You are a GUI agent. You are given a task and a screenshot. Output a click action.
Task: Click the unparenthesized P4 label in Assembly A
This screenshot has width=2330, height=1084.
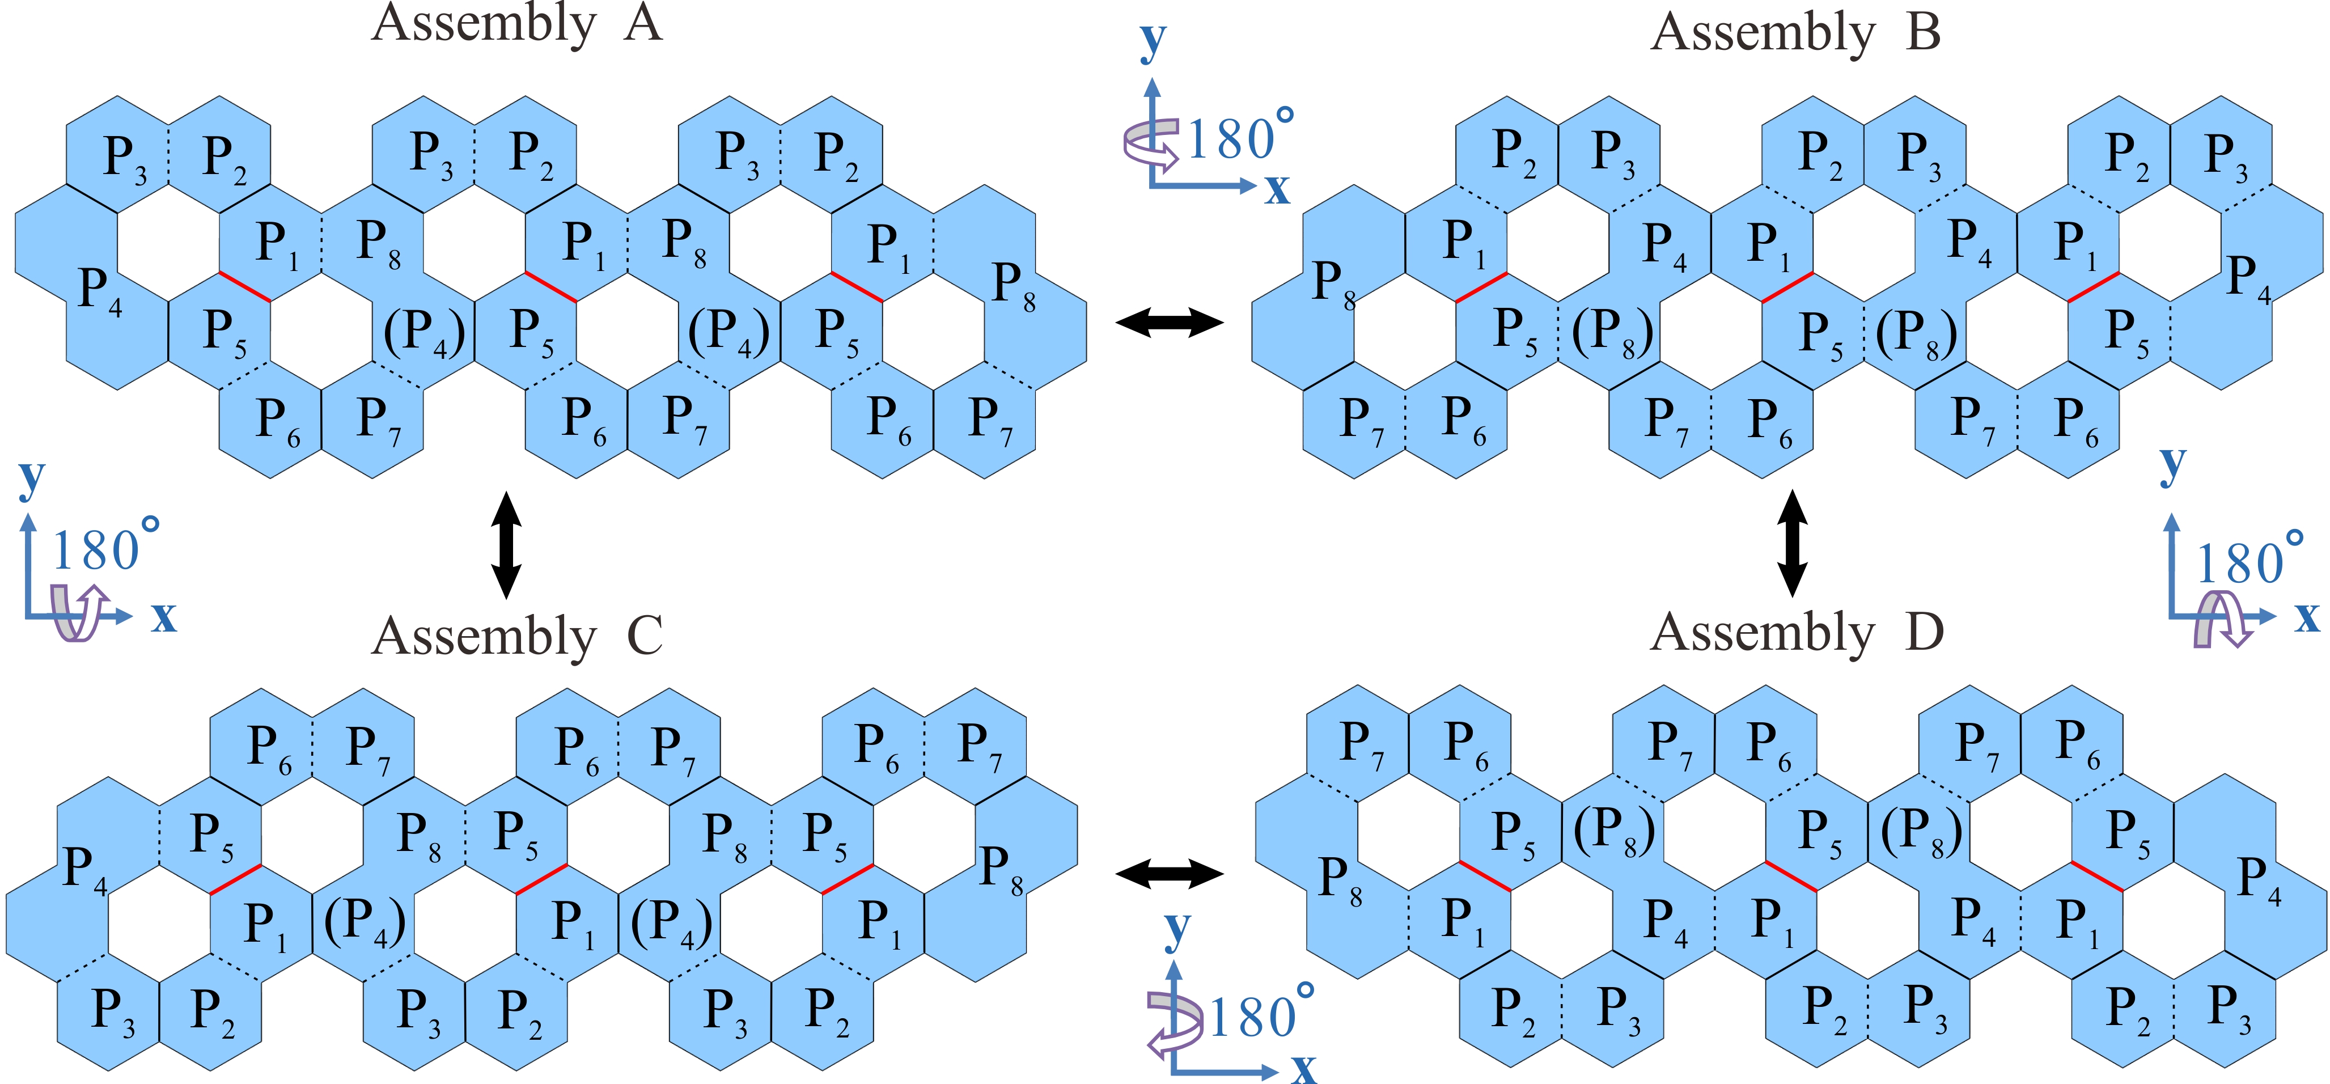[x=100, y=291]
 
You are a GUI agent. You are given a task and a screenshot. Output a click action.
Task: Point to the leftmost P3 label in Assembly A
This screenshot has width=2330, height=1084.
[x=125, y=159]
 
